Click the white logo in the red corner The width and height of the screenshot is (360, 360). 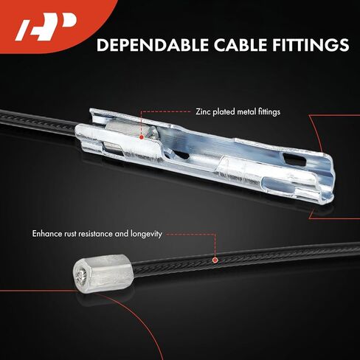tap(46, 27)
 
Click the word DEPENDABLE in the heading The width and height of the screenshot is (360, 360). tap(152, 45)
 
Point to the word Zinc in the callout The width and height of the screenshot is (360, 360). tap(203, 112)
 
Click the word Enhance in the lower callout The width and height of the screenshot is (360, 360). tap(47, 234)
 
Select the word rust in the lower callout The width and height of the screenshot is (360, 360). tap(70, 234)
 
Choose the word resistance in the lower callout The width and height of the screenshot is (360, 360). tap(95, 234)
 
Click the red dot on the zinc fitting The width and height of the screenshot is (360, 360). tap(141, 137)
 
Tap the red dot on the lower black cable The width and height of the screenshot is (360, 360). tap(215, 260)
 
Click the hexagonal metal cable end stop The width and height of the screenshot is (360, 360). tap(103, 273)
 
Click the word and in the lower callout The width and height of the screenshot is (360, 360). tap(122, 234)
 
